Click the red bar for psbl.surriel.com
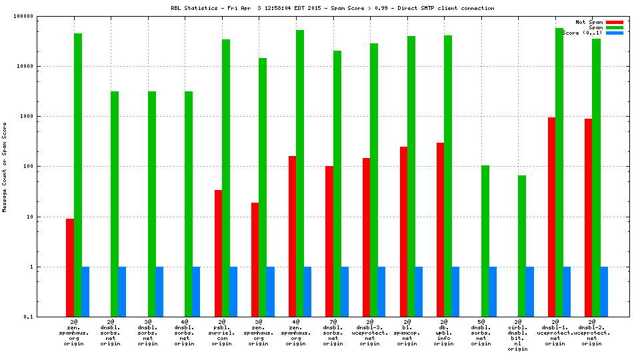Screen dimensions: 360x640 tap(218, 253)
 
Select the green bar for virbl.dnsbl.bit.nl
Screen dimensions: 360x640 tap(522, 246)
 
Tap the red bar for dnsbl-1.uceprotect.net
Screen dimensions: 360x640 tap(551, 217)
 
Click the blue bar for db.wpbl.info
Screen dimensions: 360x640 tap(455, 291)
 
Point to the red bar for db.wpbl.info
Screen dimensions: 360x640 tap(440, 229)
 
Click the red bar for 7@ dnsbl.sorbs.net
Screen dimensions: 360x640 tap(329, 241)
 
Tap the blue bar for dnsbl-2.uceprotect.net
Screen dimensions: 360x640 tap(603, 291)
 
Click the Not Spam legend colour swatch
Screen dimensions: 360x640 tap(615, 22)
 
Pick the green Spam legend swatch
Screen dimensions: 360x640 tap(615, 27)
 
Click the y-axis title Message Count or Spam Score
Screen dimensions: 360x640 tap(5, 167)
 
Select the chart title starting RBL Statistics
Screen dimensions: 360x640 tap(333, 8)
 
